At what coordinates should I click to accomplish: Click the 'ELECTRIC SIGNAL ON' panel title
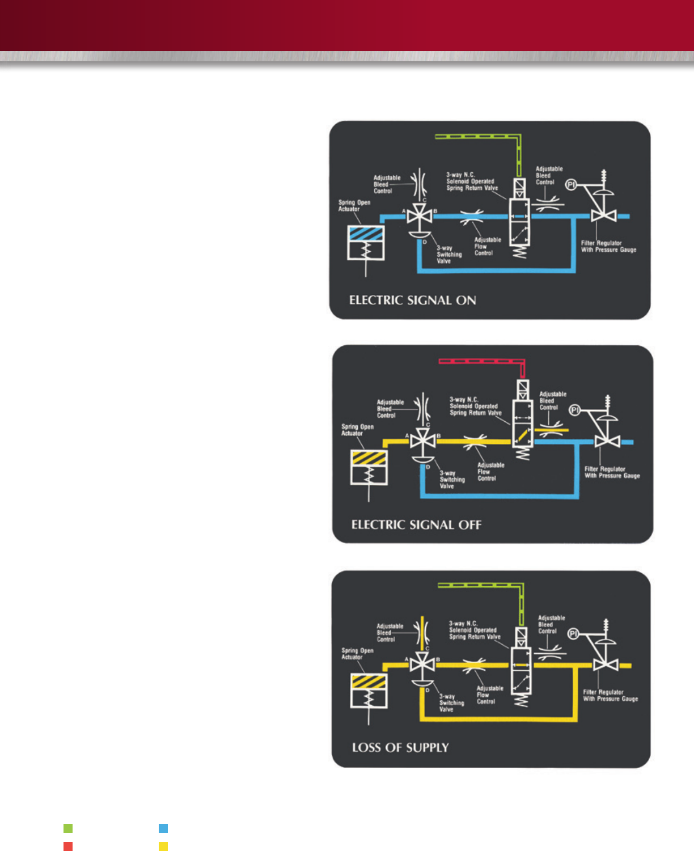[x=412, y=300]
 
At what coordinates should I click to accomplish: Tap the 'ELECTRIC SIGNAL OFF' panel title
[x=416, y=525]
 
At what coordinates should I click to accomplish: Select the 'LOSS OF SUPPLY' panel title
[x=400, y=748]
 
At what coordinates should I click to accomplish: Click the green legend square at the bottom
[x=68, y=828]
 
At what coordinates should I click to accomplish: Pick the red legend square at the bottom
[x=68, y=846]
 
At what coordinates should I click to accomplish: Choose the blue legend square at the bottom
[x=163, y=828]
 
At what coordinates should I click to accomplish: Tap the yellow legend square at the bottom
[x=163, y=846]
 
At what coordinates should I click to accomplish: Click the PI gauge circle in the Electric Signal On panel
[x=572, y=185]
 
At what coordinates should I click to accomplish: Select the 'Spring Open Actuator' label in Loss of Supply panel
[x=357, y=654]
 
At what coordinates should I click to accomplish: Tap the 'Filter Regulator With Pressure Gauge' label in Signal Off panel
[x=612, y=472]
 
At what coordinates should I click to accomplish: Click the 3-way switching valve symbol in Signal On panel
[x=420, y=217]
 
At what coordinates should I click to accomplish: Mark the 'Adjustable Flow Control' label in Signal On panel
[x=487, y=247]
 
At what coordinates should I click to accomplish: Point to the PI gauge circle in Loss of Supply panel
[x=573, y=634]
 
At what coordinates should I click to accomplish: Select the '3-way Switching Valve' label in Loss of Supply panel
[x=451, y=703]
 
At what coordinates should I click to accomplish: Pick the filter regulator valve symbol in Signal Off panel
[x=606, y=442]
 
